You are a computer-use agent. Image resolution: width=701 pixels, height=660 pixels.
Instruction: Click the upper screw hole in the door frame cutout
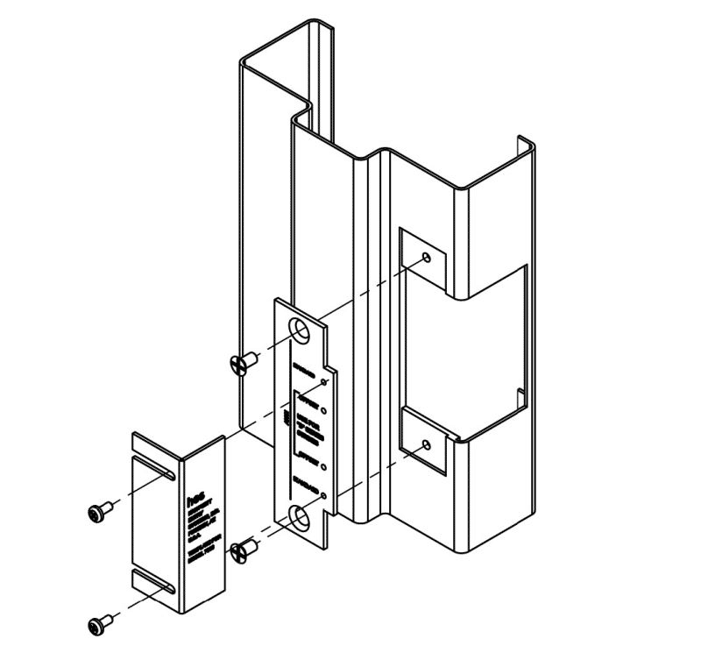[x=426, y=258]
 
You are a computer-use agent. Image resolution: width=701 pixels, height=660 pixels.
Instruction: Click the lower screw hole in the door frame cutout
[x=426, y=445]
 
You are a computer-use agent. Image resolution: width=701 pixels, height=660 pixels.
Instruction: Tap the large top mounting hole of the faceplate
[x=301, y=331]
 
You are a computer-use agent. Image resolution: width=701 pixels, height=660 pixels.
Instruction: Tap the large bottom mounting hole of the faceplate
[x=301, y=517]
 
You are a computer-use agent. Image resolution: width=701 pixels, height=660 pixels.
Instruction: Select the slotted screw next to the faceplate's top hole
[x=239, y=363]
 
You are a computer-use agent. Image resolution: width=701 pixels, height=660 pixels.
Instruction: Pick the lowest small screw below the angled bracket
[x=101, y=624]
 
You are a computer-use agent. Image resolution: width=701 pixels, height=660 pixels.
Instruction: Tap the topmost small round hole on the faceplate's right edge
[x=325, y=383]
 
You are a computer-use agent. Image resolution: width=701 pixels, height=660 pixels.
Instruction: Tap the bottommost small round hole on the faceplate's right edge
[x=325, y=495]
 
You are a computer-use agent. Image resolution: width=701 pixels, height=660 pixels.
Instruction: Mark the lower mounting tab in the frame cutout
[x=424, y=443]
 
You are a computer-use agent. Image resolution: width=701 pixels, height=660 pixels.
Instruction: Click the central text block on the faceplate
[x=303, y=425]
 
